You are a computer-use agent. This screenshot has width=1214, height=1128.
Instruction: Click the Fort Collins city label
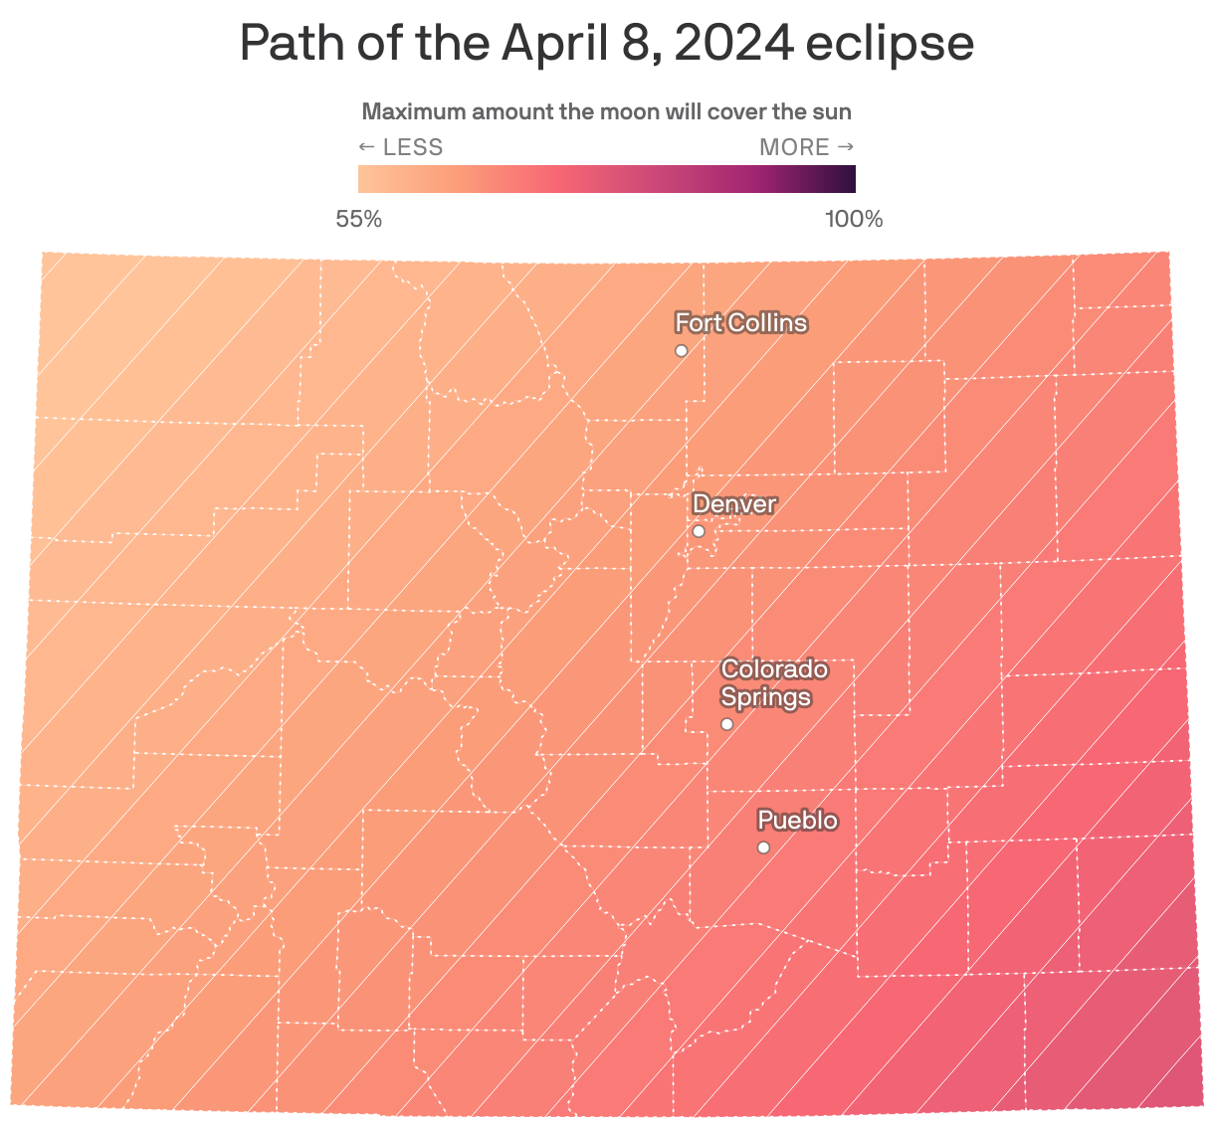pos(740,323)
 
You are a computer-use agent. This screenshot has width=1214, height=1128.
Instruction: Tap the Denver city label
pos(733,504)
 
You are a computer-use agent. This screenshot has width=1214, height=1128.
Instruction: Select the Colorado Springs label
pos(773,683)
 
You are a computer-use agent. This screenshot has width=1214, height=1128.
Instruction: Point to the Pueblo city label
pos(797,822)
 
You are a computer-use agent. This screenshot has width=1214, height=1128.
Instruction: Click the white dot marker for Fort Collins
pos(682,351)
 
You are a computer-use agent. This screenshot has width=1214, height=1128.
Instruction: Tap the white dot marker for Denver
pos(699,532)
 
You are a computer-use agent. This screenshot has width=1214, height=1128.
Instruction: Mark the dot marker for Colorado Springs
pos(727,724)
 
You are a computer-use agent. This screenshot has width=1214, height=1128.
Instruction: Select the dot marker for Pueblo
pos(763,848)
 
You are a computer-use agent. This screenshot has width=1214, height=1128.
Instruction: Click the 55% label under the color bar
pos(359,220)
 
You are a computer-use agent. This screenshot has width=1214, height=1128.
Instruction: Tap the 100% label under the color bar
pos(854,220)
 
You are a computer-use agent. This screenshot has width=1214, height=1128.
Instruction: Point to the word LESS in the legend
pos(413,148)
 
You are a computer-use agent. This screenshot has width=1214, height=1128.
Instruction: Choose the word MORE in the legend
pos(794,148)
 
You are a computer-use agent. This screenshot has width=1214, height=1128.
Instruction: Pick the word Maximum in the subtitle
pos(413,111)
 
